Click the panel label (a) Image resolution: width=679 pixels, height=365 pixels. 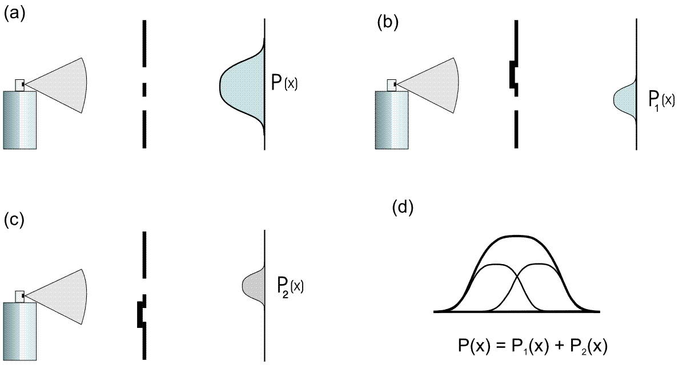[x=15, y=14]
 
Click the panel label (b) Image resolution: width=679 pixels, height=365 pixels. [x=388, y=23]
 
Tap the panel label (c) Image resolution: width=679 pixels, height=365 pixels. [x=15, y=220]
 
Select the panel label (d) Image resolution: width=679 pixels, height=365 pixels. [x=403, y=208]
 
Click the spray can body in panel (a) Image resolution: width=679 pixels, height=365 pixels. [x=20, y=120]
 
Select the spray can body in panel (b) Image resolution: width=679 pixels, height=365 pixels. [x=391, y=120]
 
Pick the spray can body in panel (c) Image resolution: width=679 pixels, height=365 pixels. [x=20, y=331]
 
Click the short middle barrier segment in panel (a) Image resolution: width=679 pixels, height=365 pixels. [x=144, y=90]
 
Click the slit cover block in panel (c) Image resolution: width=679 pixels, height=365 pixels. [x=141, y=314]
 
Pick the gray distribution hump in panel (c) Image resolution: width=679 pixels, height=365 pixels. [x=254, y=285]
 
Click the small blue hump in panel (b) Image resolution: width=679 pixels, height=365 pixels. [x=624, y=99]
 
